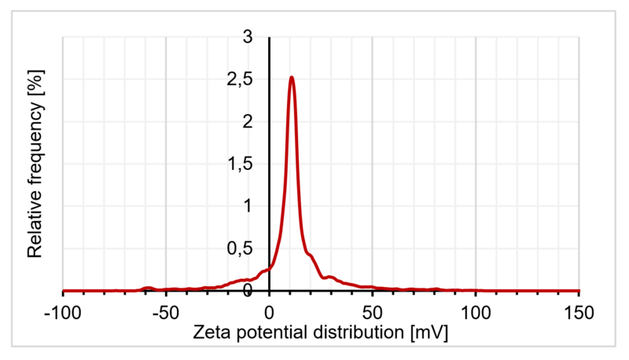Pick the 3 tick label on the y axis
click(x=248, y=37)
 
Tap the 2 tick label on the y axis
click(x=248, y=122)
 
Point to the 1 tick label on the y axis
click(x=248, y=207)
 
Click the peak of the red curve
click(x=292, y=77)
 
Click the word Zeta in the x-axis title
click(x=212, y=333)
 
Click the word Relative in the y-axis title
click(x=35, y=224)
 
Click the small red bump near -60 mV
click(x=147, y=288)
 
